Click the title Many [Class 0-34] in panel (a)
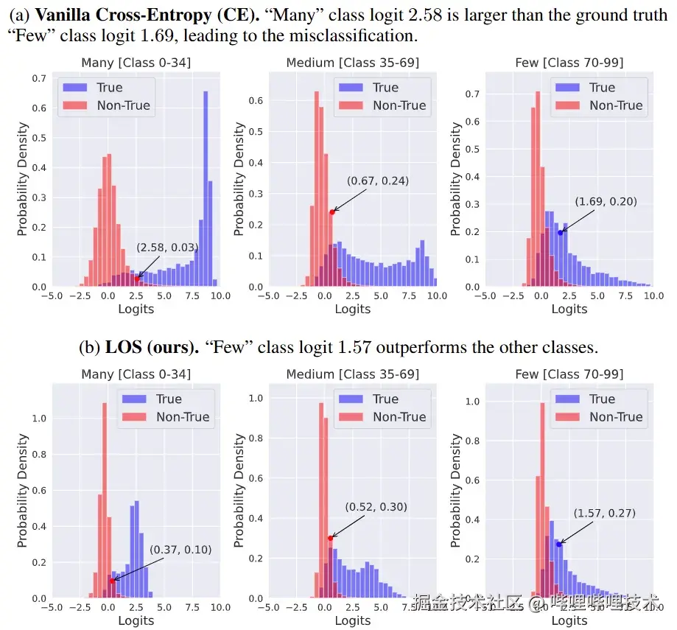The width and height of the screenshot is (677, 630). [x=136, y=63]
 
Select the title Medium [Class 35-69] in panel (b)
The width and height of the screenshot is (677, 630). [x=352, y=374]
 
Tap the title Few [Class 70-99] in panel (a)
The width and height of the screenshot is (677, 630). [x=569, y=63]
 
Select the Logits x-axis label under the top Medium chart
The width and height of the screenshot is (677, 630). [x=352, y=309]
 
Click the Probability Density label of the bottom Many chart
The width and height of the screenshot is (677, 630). [x=22, y=491]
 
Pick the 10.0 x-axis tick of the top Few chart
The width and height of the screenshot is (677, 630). [x=653, y=295]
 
